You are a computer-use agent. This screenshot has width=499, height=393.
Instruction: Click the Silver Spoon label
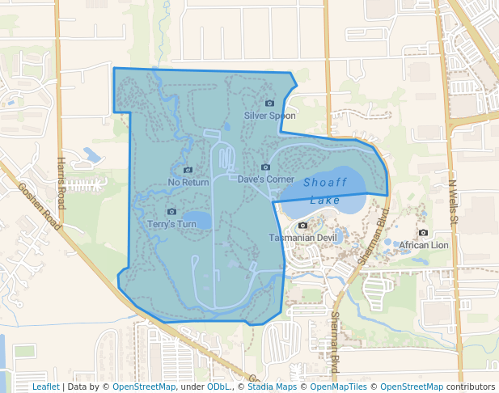(269, 116)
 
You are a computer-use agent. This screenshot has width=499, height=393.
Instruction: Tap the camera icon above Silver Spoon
(269, 104)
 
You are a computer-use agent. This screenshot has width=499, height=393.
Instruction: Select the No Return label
(188, 182)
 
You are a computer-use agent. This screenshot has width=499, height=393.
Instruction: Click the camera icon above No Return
(188, 170)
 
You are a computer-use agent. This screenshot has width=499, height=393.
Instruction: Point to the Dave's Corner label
(265, 179)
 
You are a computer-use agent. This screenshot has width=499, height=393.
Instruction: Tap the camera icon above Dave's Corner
(265, 167)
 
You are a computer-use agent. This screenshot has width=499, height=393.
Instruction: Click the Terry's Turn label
(171, 224)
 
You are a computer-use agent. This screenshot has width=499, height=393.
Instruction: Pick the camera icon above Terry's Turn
(171, 212)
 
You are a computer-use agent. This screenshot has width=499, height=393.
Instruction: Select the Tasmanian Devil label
(302, 238)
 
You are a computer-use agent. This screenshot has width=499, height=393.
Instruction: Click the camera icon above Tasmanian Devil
(302, 225)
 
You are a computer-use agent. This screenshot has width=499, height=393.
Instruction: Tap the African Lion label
(424, 245)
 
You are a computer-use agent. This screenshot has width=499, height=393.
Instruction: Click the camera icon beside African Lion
(391, 244)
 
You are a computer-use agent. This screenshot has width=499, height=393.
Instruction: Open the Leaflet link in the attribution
(45, 387)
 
